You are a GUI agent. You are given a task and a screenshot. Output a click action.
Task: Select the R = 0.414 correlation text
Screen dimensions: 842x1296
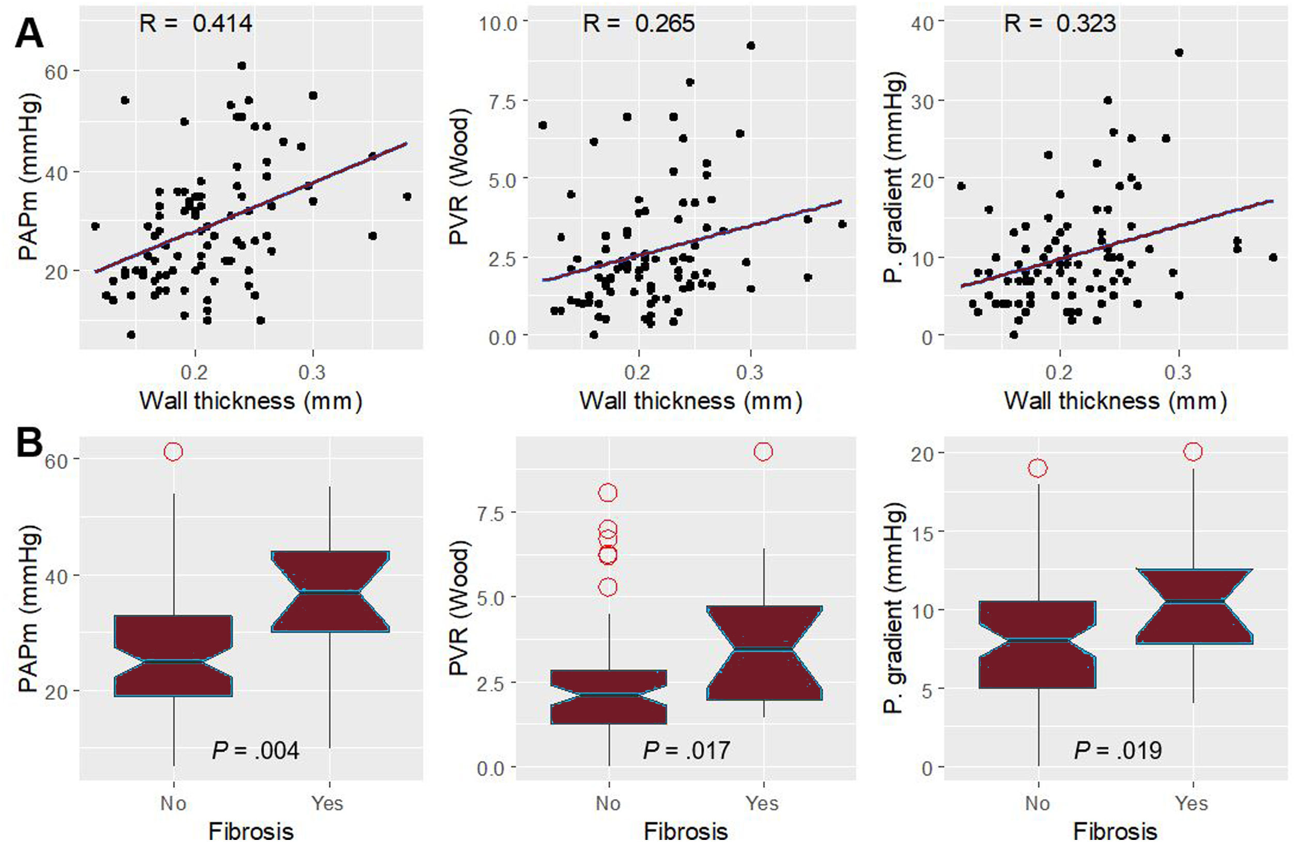pyautogui.click(x=195, y=23)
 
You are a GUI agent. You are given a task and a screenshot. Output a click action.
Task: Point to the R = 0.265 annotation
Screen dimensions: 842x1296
pyautogui.click(x=639, y=23)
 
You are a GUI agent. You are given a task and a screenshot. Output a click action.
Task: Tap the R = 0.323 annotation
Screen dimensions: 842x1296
pyautogui.click(x=1060, y=23)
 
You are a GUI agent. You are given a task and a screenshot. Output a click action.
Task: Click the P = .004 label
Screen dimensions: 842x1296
pyautogui.click(x=255, y=751)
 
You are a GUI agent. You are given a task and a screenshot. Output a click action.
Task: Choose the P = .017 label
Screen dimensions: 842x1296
pyautogui.click(x=686, y=751)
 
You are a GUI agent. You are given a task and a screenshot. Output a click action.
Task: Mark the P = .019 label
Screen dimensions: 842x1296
pyautogui.click(x=1118, y=751)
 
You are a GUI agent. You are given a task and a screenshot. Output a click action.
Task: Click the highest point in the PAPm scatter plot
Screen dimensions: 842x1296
pyautogui.click(x=242, y=66)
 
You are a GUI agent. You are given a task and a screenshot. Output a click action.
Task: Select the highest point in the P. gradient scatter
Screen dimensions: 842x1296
pyautogui.click(x=1179, y=53)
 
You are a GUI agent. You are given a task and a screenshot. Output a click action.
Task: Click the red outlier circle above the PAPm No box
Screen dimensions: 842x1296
pyautogui.click(x=173, y=452)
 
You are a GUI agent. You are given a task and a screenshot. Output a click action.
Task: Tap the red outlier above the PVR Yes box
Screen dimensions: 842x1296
pyautogui.click(x=763, y=452)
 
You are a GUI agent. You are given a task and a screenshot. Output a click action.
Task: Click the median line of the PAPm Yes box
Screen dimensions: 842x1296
pyautogui.click(x=330, y=591)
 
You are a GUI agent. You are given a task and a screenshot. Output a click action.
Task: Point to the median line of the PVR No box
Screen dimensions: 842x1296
pyautogui.click(x=608, y=694)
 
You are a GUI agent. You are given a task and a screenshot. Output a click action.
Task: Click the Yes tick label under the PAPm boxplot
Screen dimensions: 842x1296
pyautogui.click(x=327, y=803)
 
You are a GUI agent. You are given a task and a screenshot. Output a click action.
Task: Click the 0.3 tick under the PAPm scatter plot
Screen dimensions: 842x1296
pyautogui.click(x=313, y=372)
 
